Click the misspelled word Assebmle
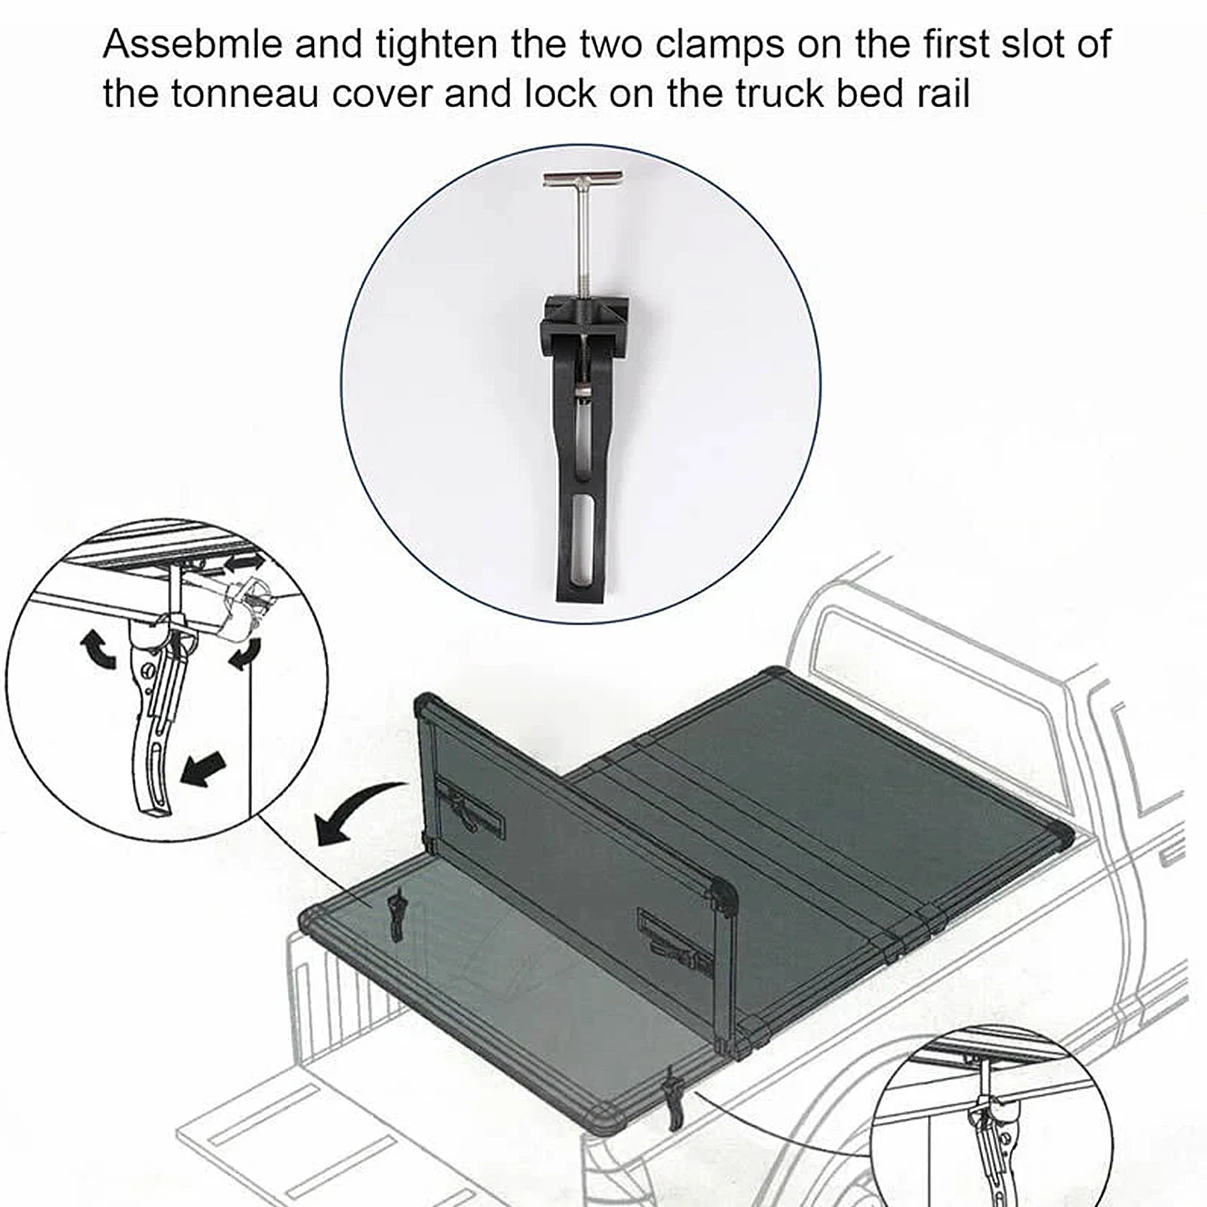192,45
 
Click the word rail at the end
942,95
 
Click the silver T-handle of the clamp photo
583,180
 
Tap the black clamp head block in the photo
585,321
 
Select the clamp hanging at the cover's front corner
672,1102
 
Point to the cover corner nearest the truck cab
777,674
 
